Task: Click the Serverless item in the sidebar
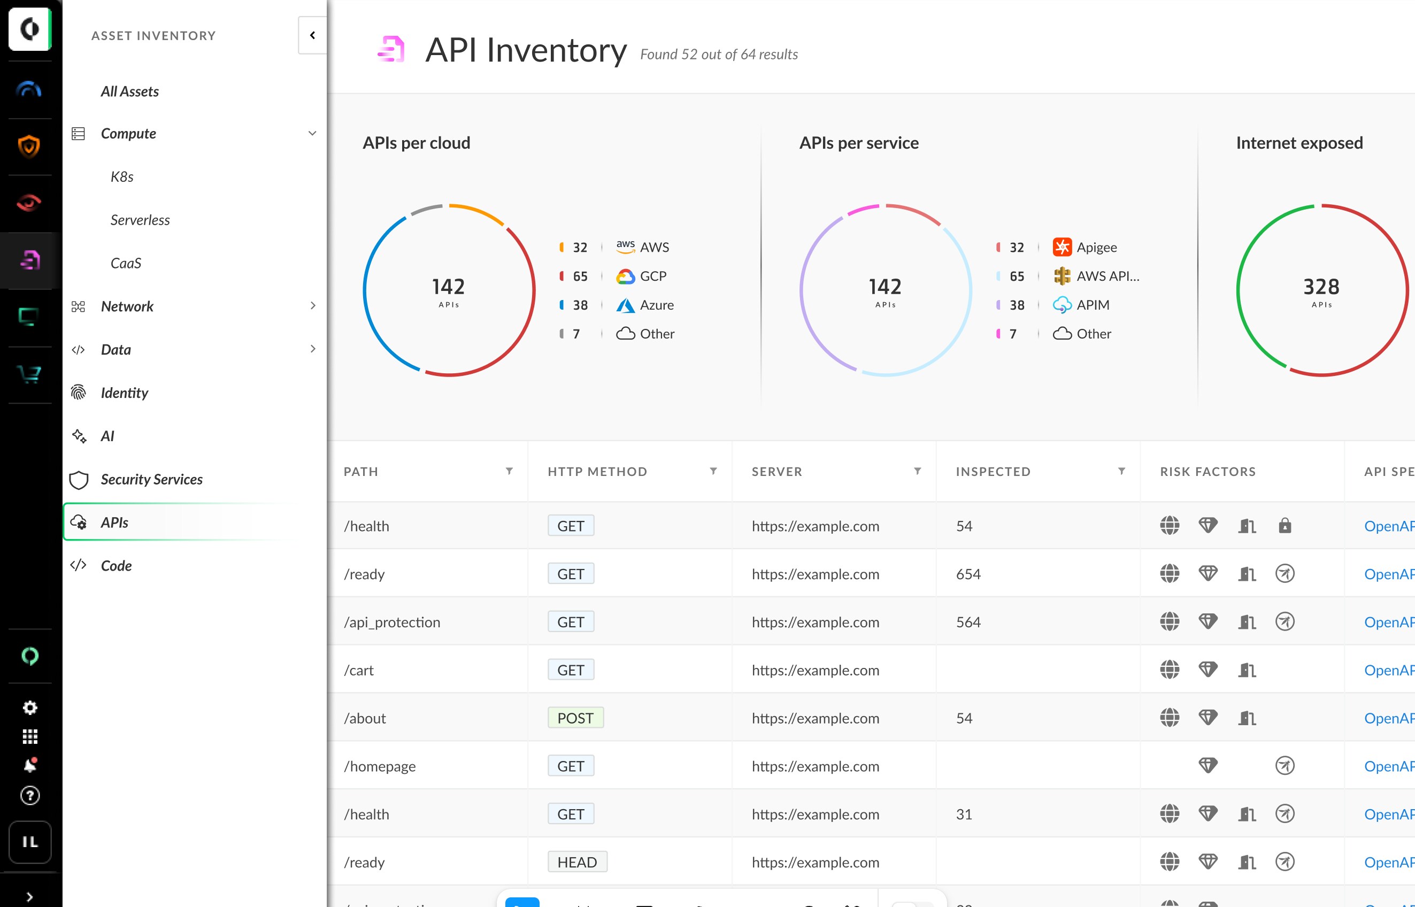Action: tap(140, 220)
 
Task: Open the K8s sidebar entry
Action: tap(122, 176)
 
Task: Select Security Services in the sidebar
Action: tap(151, 479)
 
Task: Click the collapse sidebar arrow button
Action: tap(312, 35)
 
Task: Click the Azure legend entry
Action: tap(656, 305)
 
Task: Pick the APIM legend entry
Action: tap(1093, 305)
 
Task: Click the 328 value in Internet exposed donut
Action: tap(1321, 287)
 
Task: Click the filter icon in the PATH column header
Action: tap(509, 471)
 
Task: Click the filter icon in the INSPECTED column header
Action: tap(1121, 471)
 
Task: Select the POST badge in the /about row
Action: tap(575, 718)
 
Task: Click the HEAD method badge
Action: tap(577, 862)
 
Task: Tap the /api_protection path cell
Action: tap(392, 622)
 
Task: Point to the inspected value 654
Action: tap(968, 574)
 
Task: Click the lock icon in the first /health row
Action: tap(1285, 526)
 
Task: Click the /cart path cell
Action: tap(359, 670)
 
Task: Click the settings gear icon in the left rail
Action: tap(30, 708)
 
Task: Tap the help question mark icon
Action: tap(30, 796)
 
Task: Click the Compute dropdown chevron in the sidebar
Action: tap(312, 134)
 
